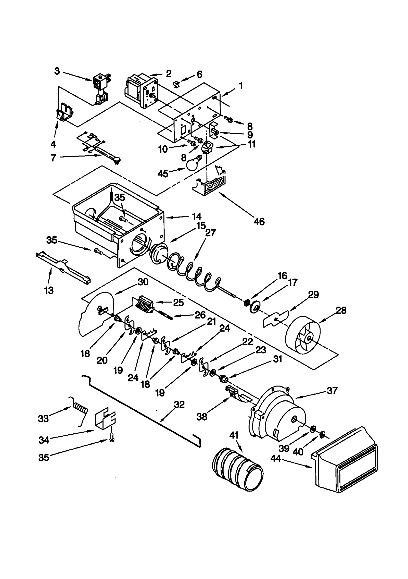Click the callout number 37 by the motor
click(332, 391)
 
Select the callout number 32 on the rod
click(179, 405)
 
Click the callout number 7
click(53, 158)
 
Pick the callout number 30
click(143, 282)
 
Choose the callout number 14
click(197, 216)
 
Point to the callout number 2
click(169, 74)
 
